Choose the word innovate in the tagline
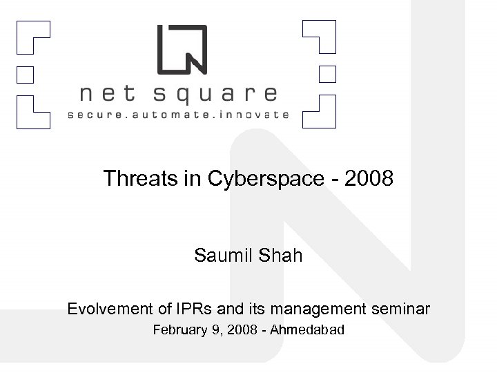pos(253,115)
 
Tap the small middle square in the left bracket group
pos(26,73)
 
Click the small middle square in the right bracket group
pos(327,73)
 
